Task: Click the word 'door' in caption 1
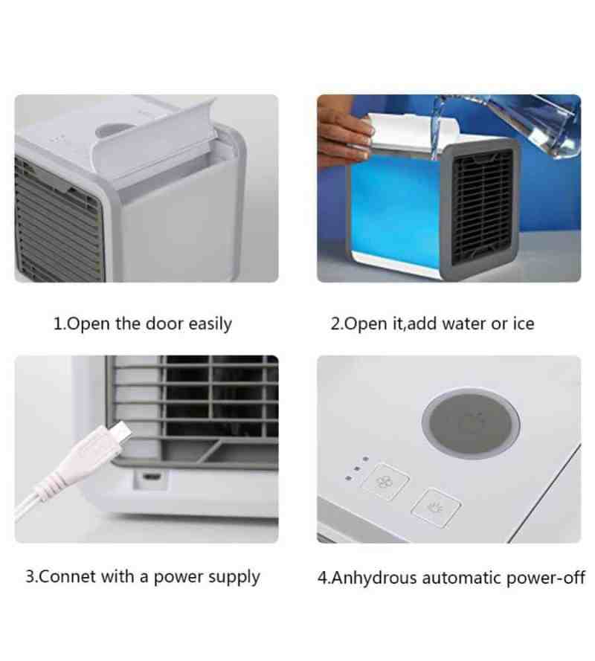(164, 323)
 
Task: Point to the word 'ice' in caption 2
(524, 323)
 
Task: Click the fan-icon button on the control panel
(385, 481)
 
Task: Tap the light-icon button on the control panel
(436, 508)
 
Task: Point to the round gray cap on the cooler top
(471, 423)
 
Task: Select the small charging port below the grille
(152, 477)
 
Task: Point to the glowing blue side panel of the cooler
(394, 210)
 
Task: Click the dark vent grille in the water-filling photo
(483, 206)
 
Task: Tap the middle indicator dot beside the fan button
(357, 468)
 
